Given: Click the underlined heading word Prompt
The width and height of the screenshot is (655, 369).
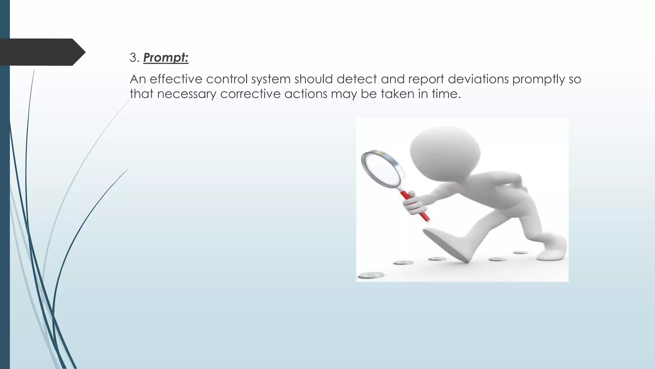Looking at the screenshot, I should click(165, 58).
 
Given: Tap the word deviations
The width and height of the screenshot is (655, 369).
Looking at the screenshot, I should click(478, 79).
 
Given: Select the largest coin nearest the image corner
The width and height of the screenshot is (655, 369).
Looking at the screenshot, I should click(371, 275).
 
